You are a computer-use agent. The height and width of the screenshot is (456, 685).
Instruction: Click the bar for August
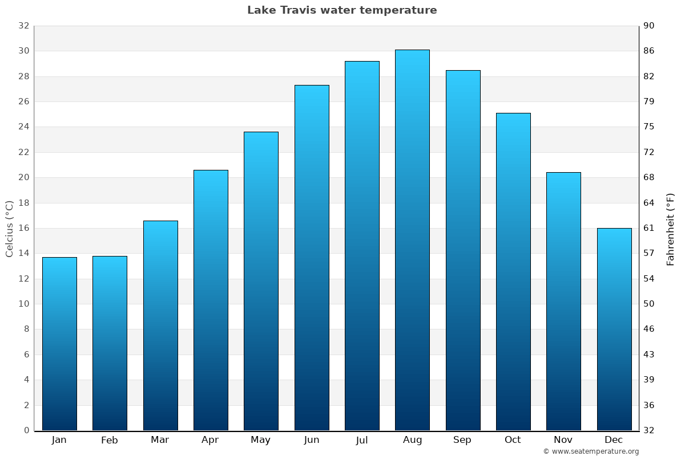point(412,239)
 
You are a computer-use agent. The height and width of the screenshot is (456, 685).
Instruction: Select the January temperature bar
point(59,344)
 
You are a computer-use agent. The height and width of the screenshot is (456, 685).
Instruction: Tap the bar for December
point(614,329)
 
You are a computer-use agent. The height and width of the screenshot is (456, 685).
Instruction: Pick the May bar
point(261,281)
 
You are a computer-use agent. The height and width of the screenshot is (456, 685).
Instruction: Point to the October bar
point(513,271)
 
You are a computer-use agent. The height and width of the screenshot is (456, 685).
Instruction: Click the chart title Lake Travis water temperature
point(342,10)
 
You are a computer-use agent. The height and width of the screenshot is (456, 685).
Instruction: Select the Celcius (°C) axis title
point(9,229)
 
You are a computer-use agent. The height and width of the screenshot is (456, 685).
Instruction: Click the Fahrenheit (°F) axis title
point(670,229)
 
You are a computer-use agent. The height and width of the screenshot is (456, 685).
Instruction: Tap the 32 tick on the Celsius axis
point(23,26)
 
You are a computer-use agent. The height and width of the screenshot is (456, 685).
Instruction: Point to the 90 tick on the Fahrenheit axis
point(649,26)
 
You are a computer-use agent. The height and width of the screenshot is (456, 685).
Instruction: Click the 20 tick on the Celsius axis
point(23,177)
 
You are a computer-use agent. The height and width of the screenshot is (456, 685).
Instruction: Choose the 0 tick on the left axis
point(26,430)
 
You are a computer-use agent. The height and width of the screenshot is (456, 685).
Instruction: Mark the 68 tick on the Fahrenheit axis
point(649,177)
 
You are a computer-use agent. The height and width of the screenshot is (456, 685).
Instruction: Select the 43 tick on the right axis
point(649,355)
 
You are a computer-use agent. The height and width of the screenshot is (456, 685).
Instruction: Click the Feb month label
point(109,440)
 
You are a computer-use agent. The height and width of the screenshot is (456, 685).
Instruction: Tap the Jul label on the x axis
point(362,440)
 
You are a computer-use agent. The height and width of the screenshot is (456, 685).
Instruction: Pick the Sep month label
point(462,440)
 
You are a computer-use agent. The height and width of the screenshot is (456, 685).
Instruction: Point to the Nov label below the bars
point(563,440)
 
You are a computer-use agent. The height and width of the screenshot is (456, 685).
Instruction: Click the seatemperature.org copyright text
point(591,451)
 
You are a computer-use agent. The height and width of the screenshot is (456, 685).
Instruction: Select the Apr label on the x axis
point(210,440)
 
